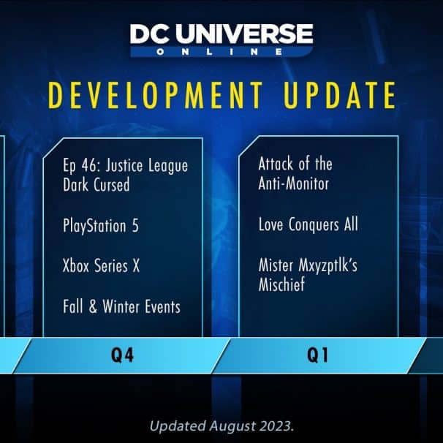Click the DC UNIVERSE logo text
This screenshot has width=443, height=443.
221,34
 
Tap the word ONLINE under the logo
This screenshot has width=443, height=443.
219,52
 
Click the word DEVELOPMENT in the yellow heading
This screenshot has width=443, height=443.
156,95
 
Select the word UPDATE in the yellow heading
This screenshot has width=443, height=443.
340,95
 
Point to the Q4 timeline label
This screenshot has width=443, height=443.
122,355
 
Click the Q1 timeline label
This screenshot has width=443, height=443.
318,355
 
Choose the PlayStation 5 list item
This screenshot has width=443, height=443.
101,226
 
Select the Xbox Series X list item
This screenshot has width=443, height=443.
101,266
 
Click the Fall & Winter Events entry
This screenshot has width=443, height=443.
122,306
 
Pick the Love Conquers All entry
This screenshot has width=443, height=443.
308,224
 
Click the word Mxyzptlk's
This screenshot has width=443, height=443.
328,266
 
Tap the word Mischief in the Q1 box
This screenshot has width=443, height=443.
281,284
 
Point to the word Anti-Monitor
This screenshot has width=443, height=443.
294,183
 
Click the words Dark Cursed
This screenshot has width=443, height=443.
96,184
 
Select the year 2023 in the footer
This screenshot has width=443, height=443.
277,426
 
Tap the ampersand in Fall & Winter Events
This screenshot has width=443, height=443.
93,306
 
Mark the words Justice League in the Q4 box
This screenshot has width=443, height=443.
147,166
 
